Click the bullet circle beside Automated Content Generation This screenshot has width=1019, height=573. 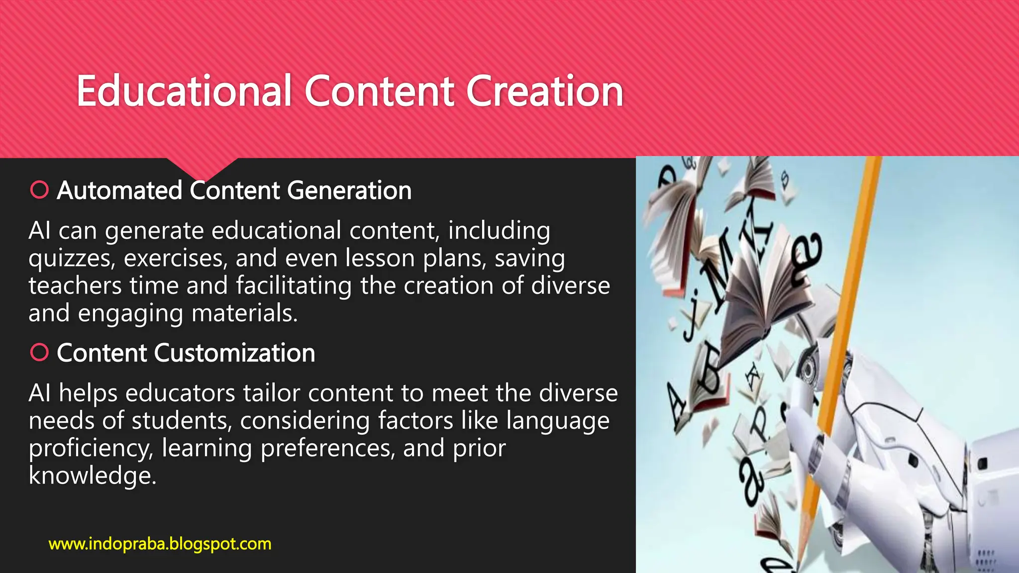[39, 190]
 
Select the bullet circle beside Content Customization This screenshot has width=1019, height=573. [39, 352]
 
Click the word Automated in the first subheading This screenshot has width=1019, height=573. [119, 191]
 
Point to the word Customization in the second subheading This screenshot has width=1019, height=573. [234, 353]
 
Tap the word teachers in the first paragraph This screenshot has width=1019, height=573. [75, 286]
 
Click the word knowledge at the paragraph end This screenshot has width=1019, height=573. [93, 476]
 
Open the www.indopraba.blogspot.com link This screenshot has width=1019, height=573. [160, 544]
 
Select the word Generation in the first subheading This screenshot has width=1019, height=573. [349, 191]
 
